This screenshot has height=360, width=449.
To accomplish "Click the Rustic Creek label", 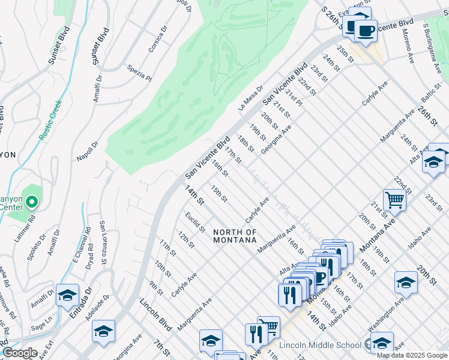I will tap(51, 121).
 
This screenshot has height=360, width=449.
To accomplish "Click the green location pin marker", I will tap(31, 202).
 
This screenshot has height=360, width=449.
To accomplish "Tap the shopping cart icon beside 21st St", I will tap(394, 199).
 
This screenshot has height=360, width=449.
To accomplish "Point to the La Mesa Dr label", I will tap(251, 97).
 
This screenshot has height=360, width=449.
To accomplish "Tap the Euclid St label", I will tap(195, 223).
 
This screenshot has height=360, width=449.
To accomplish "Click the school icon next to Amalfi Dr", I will tap(67, 294).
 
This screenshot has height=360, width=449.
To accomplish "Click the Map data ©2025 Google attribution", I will tap(412, 355).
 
